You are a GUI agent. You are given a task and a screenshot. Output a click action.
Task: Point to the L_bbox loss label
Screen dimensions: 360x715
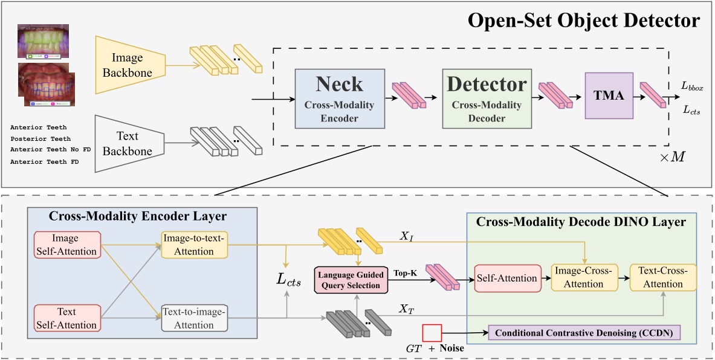pos(692,88)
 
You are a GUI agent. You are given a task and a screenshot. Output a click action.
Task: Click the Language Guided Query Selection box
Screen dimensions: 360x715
pos(351,279)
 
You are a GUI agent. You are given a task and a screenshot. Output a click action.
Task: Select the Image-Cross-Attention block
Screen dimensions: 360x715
pos(580,278)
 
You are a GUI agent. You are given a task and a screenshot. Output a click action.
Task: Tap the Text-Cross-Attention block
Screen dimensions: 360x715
pos(662,278)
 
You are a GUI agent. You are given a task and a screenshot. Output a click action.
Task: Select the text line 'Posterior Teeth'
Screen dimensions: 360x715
pos(40,138)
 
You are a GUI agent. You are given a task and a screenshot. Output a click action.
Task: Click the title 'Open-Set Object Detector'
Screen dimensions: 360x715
pos(583,22)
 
